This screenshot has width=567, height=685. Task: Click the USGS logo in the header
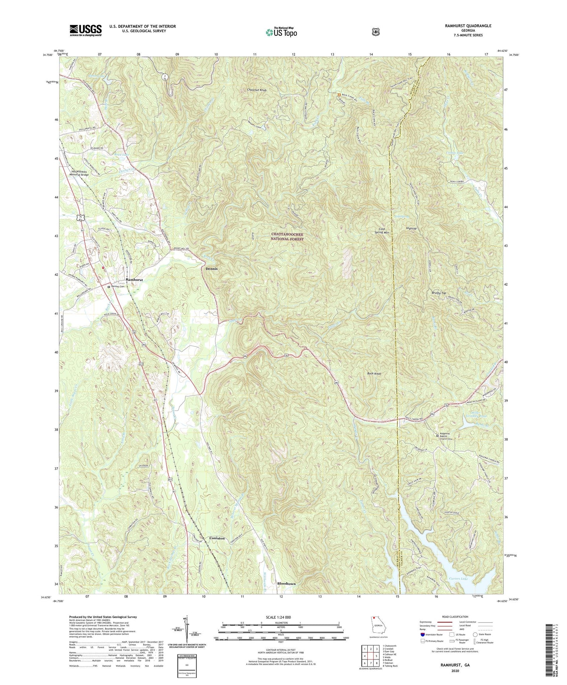click(x=86, y=30)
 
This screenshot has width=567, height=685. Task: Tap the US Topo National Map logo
click(x=281, y=32)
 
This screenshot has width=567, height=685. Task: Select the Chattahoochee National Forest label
click(x=287, y=236)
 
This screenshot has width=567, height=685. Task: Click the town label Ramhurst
click(x=134, y=280)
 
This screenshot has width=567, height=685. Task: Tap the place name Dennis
click(x=211, y=269)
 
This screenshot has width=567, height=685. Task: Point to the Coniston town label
click(x=217, y=538)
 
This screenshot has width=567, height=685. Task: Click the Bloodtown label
click(x=286, y=584)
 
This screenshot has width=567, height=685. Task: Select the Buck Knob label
click(x=374, y=374)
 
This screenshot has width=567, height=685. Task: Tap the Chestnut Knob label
click(x=257, y=90)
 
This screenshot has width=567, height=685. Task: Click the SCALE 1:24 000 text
click(x=280, y=617)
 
